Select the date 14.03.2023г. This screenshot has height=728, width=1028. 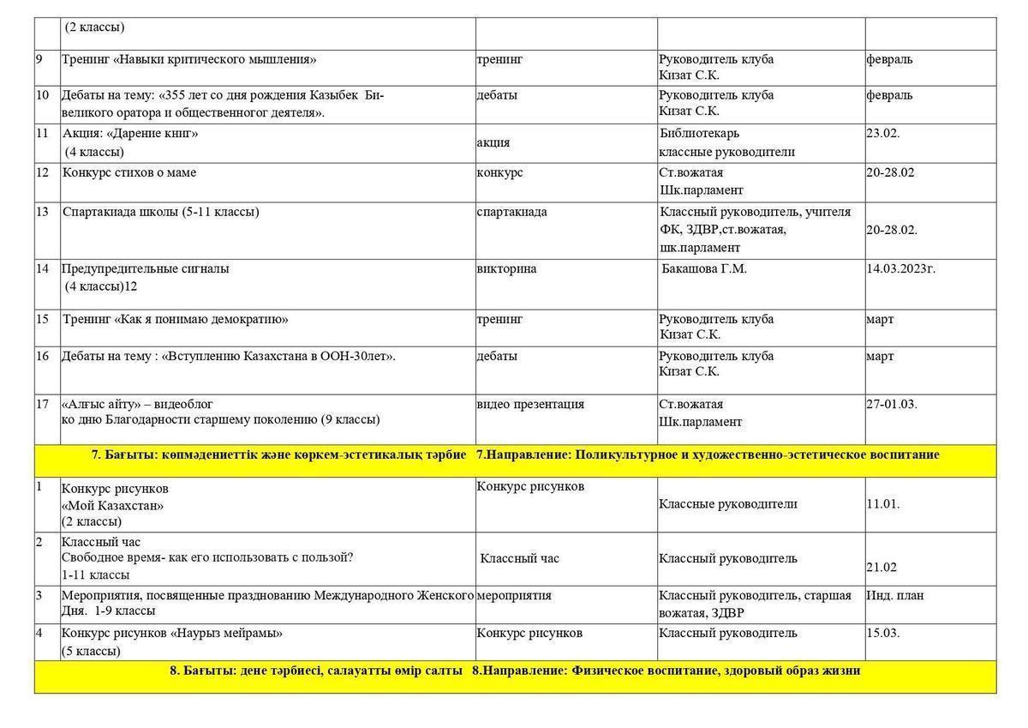point(900,268)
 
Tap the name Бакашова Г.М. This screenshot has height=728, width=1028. point(704,269)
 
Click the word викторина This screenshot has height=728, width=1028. point(506,268)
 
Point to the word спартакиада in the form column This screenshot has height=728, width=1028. point(511,212)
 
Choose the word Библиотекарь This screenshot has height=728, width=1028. point(699,134)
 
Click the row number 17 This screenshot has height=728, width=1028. point(43,404)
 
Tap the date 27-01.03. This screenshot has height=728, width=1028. point(891,404)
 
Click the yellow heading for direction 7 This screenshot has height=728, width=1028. point(515,454)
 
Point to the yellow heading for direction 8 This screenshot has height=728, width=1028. point(515,671)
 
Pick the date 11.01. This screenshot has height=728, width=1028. point(882,504)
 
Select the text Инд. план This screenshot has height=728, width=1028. point(895,595)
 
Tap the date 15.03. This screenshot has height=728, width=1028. point(882,633)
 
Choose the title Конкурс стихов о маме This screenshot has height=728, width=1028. point(129,172)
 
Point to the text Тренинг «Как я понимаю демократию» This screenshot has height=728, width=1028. point(176,319)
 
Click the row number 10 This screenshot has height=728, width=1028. point(43,94)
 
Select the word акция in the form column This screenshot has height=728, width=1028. point(493,142)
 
